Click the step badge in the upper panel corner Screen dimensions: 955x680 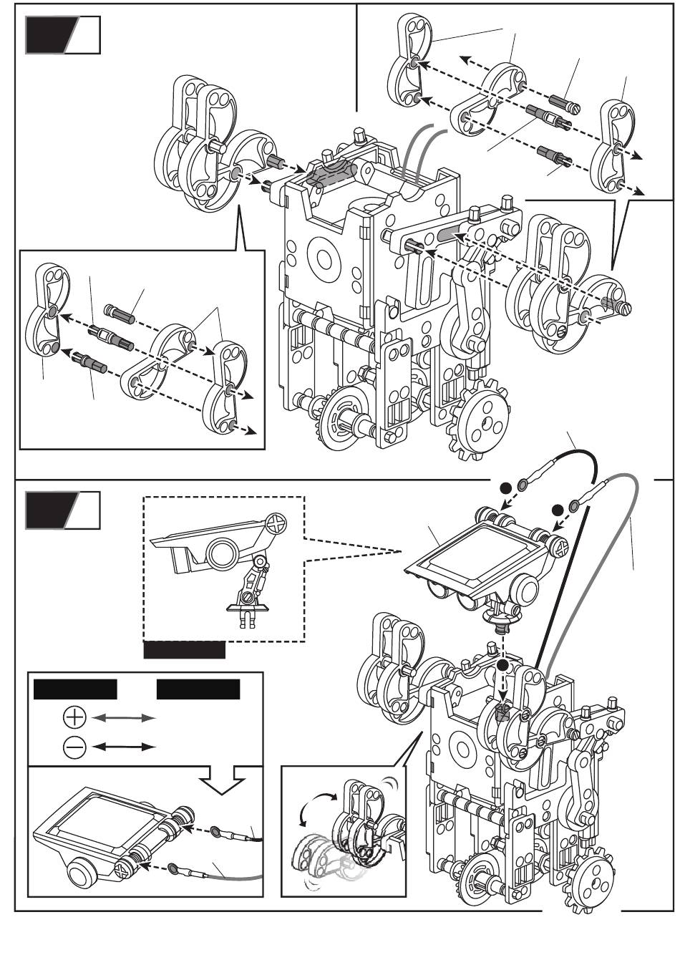[x=62, y=36]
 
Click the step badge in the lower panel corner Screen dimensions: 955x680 [x=62, y=510]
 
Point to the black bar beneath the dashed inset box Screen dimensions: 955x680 [x=185, y=650]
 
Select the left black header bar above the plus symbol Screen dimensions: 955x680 [x=75, y=689]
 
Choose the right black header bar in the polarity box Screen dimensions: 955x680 [x=198, y=689]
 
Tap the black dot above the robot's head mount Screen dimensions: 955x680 [x=504, y=665]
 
